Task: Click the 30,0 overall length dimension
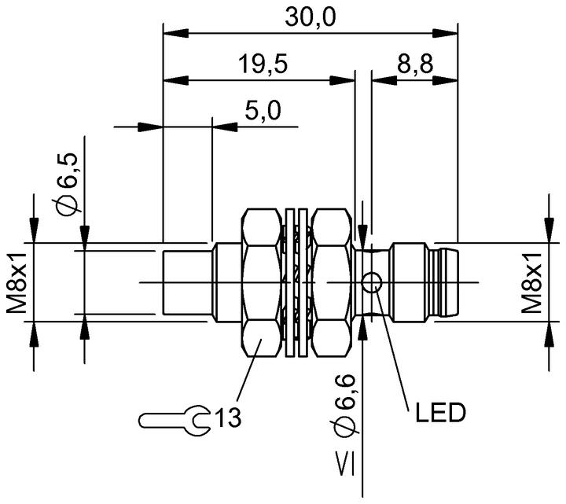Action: coord(311,17)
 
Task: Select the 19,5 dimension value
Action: coord(263,64)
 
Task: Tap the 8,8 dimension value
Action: coord(415,64)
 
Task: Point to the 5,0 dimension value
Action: coord(263,111)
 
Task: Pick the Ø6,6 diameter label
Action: coord(345,405)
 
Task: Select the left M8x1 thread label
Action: coord(17,283)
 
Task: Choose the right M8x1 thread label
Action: coord(531,283)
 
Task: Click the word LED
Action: coord(440,412)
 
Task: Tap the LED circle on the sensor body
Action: coord(371,283)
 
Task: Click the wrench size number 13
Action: coord(228,418)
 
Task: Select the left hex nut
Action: coord(261,283)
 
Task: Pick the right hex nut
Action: coord(332,283)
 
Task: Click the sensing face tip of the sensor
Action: coord(187,283)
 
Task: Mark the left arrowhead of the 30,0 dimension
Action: coord(176,34)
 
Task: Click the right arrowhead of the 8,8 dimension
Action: coord(446,80)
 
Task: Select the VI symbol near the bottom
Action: coord(345,464)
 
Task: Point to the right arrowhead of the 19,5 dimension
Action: coord(342,80)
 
